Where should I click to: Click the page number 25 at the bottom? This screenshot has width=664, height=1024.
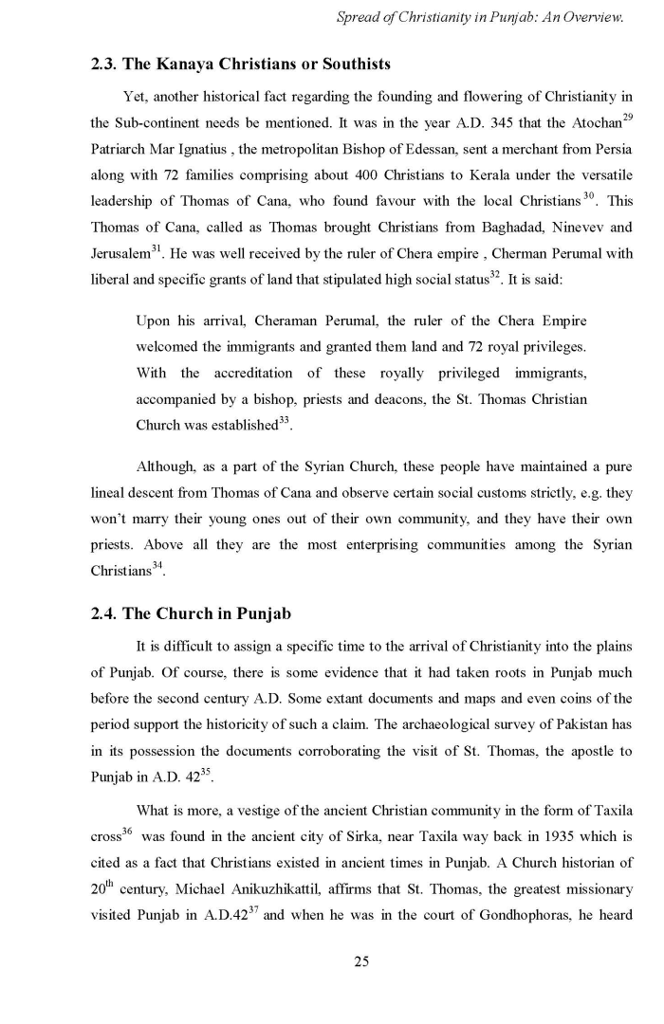360,961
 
